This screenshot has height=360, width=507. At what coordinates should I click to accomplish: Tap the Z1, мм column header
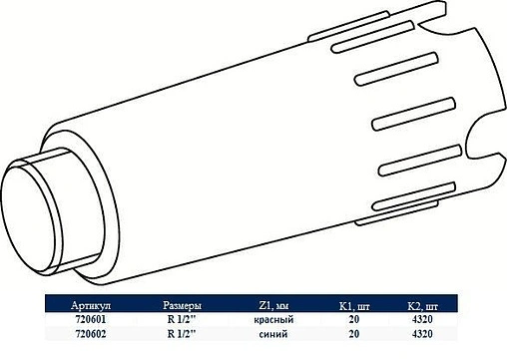pyautogui.click(x=273, y=304)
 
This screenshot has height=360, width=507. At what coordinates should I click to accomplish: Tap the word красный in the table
pyautogui.click(x=273, y=319)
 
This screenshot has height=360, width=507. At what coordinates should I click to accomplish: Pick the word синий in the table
pyautogui.click(x=273, y=334)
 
